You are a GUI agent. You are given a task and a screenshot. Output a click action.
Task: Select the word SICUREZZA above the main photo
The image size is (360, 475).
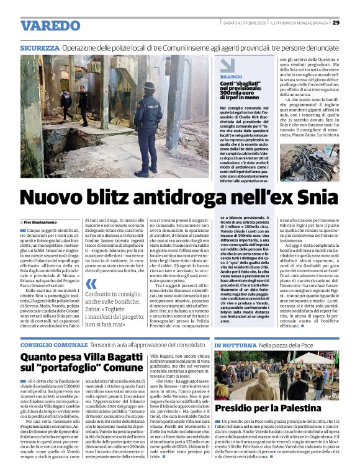[x=38, y=48]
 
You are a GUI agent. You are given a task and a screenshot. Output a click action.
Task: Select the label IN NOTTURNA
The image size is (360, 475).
[x=235, y=344]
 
